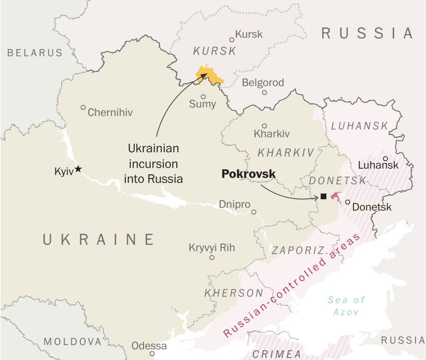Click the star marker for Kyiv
pos(78,169)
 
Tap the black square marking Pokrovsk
pos(323,196)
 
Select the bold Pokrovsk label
pos(249,174)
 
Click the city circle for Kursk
pos(232,40)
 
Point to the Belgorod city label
pos(263,83)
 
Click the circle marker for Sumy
pos(203,96)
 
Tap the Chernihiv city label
pos(110,112)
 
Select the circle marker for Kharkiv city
pos(265,126)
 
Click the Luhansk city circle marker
pos(385,159)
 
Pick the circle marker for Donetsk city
pos(348,202)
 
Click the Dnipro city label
pos(234,205)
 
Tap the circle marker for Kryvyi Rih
pos(212,257)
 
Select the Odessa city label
pos(149,345)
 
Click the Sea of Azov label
pos(346,306)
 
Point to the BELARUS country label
pos(35,53)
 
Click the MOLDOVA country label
pos(73,342)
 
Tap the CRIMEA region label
pos(277,354)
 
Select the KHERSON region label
pos(234,293)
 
